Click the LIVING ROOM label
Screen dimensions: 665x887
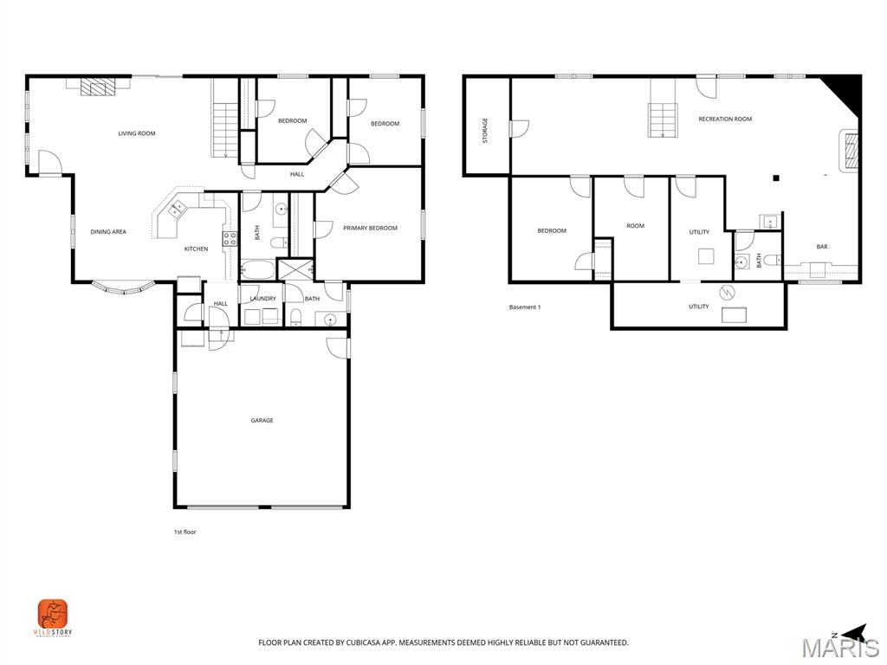pyautogui.click(x=137, y=133)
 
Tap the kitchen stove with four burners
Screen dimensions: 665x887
pyautogui.click(x=230, y=238)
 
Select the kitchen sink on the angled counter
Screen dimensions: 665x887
pyautogui.click(x=177, y=209)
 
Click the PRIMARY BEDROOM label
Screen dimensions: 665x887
pyautogui.click(x=370, y=228)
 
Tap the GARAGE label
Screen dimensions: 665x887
pyautogui.click(x=262, y=421)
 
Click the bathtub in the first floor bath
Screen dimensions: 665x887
pyautogui.click(x=257, y=268)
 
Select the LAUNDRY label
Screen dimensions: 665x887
pyautogui.click(x=262, y=299)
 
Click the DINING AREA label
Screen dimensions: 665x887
pyautogui.click(x=108, y=232)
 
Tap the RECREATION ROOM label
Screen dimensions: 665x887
pyautogui.click(x=725, y=119)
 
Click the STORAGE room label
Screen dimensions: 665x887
pyautogui.click(x=485, y=130)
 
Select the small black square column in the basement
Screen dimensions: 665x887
pyautogui.click(x=776, y=178)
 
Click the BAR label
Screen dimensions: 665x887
pyautogui.click(x=821, y=247)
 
